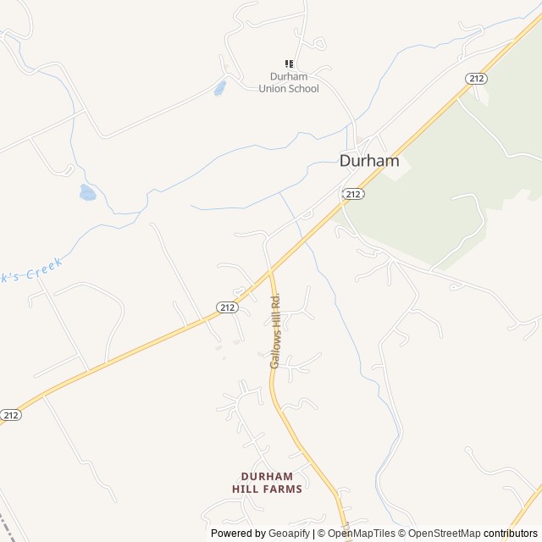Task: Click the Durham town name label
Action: click(369, 161)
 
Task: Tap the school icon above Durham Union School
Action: click(289, 64)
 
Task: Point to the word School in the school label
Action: click(303, 88)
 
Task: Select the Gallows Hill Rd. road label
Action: click(275, 330)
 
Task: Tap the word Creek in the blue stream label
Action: click(45, 272)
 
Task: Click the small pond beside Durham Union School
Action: click(220, 87)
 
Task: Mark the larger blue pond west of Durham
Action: click(87, 193)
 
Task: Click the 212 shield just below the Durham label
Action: click(353, 194)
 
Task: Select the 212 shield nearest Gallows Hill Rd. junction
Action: click(226, 307)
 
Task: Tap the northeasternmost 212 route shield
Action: click(476, 79)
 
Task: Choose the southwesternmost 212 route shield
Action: click(10, 415)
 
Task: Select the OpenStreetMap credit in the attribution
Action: click(440, 534)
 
